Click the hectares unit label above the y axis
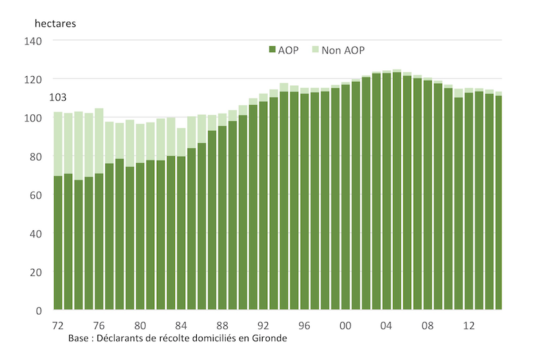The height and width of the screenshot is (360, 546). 56,23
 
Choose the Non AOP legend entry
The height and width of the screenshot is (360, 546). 342,50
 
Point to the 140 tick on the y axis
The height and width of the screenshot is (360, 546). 32,41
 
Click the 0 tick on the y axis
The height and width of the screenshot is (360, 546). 38,310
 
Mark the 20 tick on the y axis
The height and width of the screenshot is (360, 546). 35,272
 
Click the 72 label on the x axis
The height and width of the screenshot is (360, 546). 57,325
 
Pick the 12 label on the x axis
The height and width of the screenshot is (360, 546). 469,325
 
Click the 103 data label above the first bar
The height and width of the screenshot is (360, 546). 59,98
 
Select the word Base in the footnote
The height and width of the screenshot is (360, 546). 78,338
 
